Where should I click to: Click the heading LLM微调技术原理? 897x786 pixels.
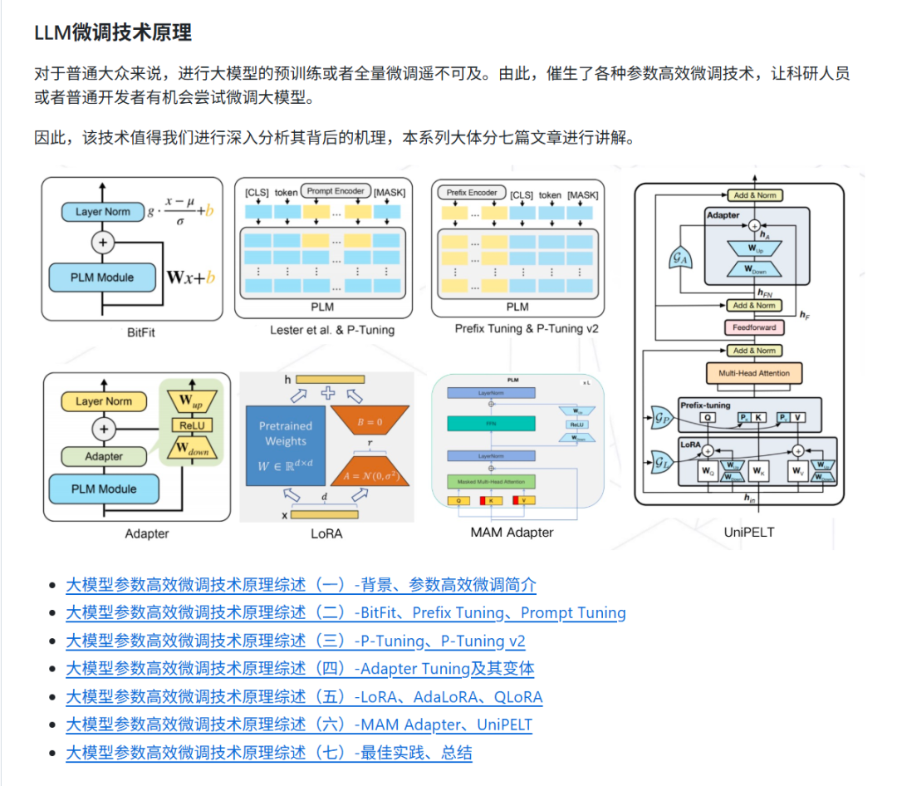[x=113, y=33]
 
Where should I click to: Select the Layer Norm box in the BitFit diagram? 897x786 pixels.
[x=102, y=212]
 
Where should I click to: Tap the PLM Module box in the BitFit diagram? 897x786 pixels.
[x=102, y=278]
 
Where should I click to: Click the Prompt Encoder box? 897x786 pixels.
[x=336, y=191]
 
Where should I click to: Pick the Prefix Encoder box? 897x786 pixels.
[x=471, y=193]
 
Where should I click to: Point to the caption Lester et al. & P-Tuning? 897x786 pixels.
[x=332, y=330]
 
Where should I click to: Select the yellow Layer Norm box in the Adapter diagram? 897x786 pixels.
[x=103, y=401]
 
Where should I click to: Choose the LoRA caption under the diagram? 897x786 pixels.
[x=326, y=533]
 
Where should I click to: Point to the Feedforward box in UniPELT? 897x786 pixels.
[x=754, y=327]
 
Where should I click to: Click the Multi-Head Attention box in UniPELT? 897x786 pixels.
[x=754, y=374]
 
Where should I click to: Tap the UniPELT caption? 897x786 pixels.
[x=748, y=532]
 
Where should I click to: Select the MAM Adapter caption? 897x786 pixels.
[x=512, y=532]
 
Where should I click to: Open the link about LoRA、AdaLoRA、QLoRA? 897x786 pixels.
[x=304, y=697]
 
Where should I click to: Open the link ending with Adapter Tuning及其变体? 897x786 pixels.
[x=300, y=669]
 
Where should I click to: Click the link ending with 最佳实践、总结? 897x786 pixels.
[x=269, y=754]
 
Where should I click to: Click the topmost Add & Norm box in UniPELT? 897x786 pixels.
[x=754, y=195]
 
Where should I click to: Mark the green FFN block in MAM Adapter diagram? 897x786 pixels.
[x=490, y=424]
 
